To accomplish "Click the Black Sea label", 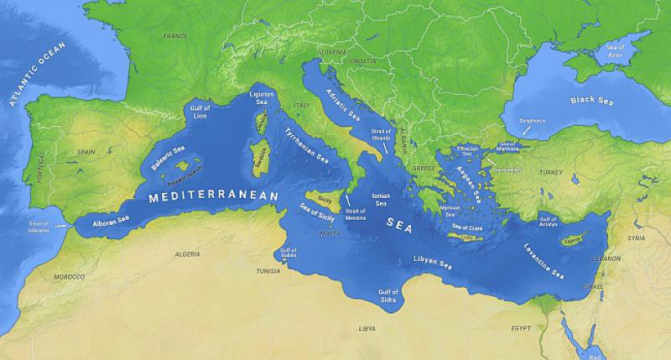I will click(x=592, y=100).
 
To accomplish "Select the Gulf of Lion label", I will click(x=200, y=112).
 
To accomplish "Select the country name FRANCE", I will click(x=175, y=36).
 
